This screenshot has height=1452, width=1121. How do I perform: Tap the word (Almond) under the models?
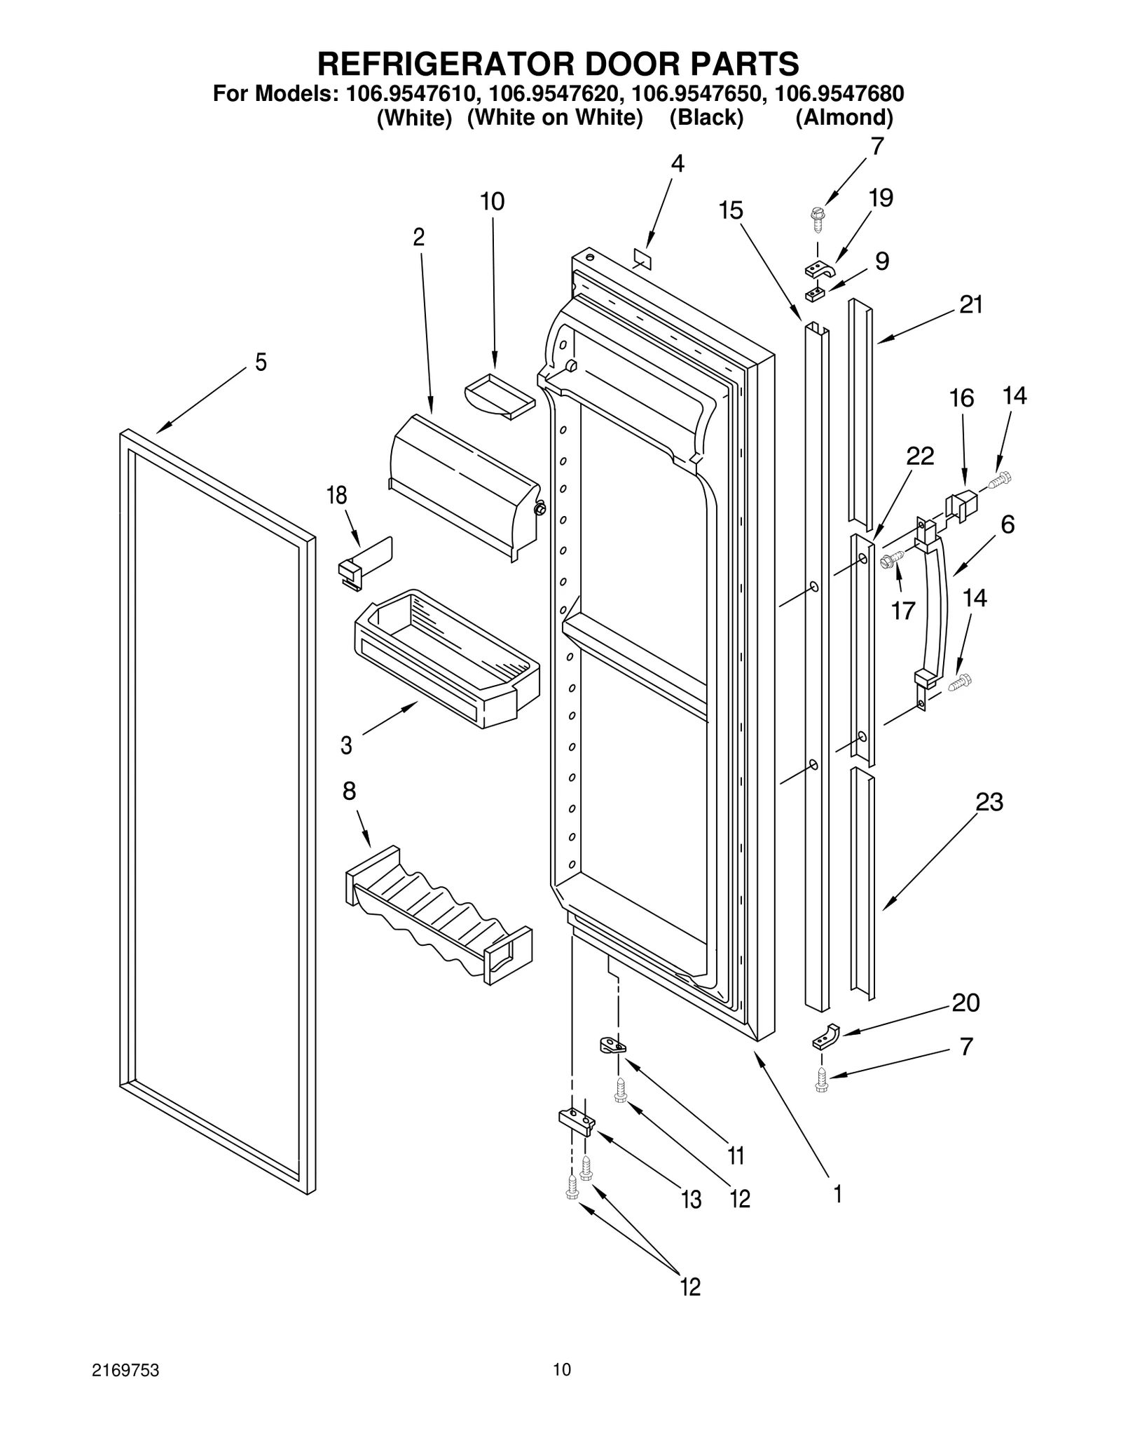point(844,117)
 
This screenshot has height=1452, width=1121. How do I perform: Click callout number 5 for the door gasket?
point(261,362)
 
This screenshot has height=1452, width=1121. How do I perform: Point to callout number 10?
point(492,202)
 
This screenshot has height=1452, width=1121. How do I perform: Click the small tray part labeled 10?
point(499,395)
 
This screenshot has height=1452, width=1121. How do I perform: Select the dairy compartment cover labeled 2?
point(462,484)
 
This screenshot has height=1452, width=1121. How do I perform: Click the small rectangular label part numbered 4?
point(642,259)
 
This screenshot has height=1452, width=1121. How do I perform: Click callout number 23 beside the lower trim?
point(989,801)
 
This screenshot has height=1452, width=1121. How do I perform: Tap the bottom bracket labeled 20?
point(826,1036)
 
